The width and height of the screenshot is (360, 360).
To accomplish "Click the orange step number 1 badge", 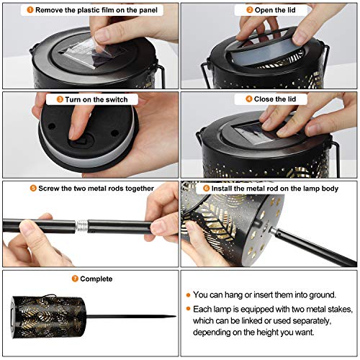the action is [x=30, y=10].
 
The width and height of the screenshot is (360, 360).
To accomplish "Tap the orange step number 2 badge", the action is [x=250, y=10].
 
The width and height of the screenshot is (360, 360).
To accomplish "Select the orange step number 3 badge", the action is [x=60, y=99].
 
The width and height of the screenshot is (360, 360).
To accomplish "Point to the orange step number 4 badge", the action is [x=249, y=99].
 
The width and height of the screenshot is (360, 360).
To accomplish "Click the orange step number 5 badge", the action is [x=33, y=188].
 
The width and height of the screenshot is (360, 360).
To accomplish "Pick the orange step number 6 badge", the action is [x=207, y=188].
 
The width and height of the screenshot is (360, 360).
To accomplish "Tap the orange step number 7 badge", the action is [x=75, y=279].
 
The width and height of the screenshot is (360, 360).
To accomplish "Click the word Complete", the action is [x=96, y=279].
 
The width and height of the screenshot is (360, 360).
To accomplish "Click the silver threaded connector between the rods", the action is [x=81, y=226].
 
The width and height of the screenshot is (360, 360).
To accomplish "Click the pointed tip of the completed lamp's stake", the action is [x=176, y=317].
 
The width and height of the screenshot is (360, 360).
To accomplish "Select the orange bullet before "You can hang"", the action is [x=188, y=295].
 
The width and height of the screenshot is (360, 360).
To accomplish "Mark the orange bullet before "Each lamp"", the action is [x=188, y=309].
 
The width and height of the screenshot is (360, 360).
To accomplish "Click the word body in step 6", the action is [x=330, y=189].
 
